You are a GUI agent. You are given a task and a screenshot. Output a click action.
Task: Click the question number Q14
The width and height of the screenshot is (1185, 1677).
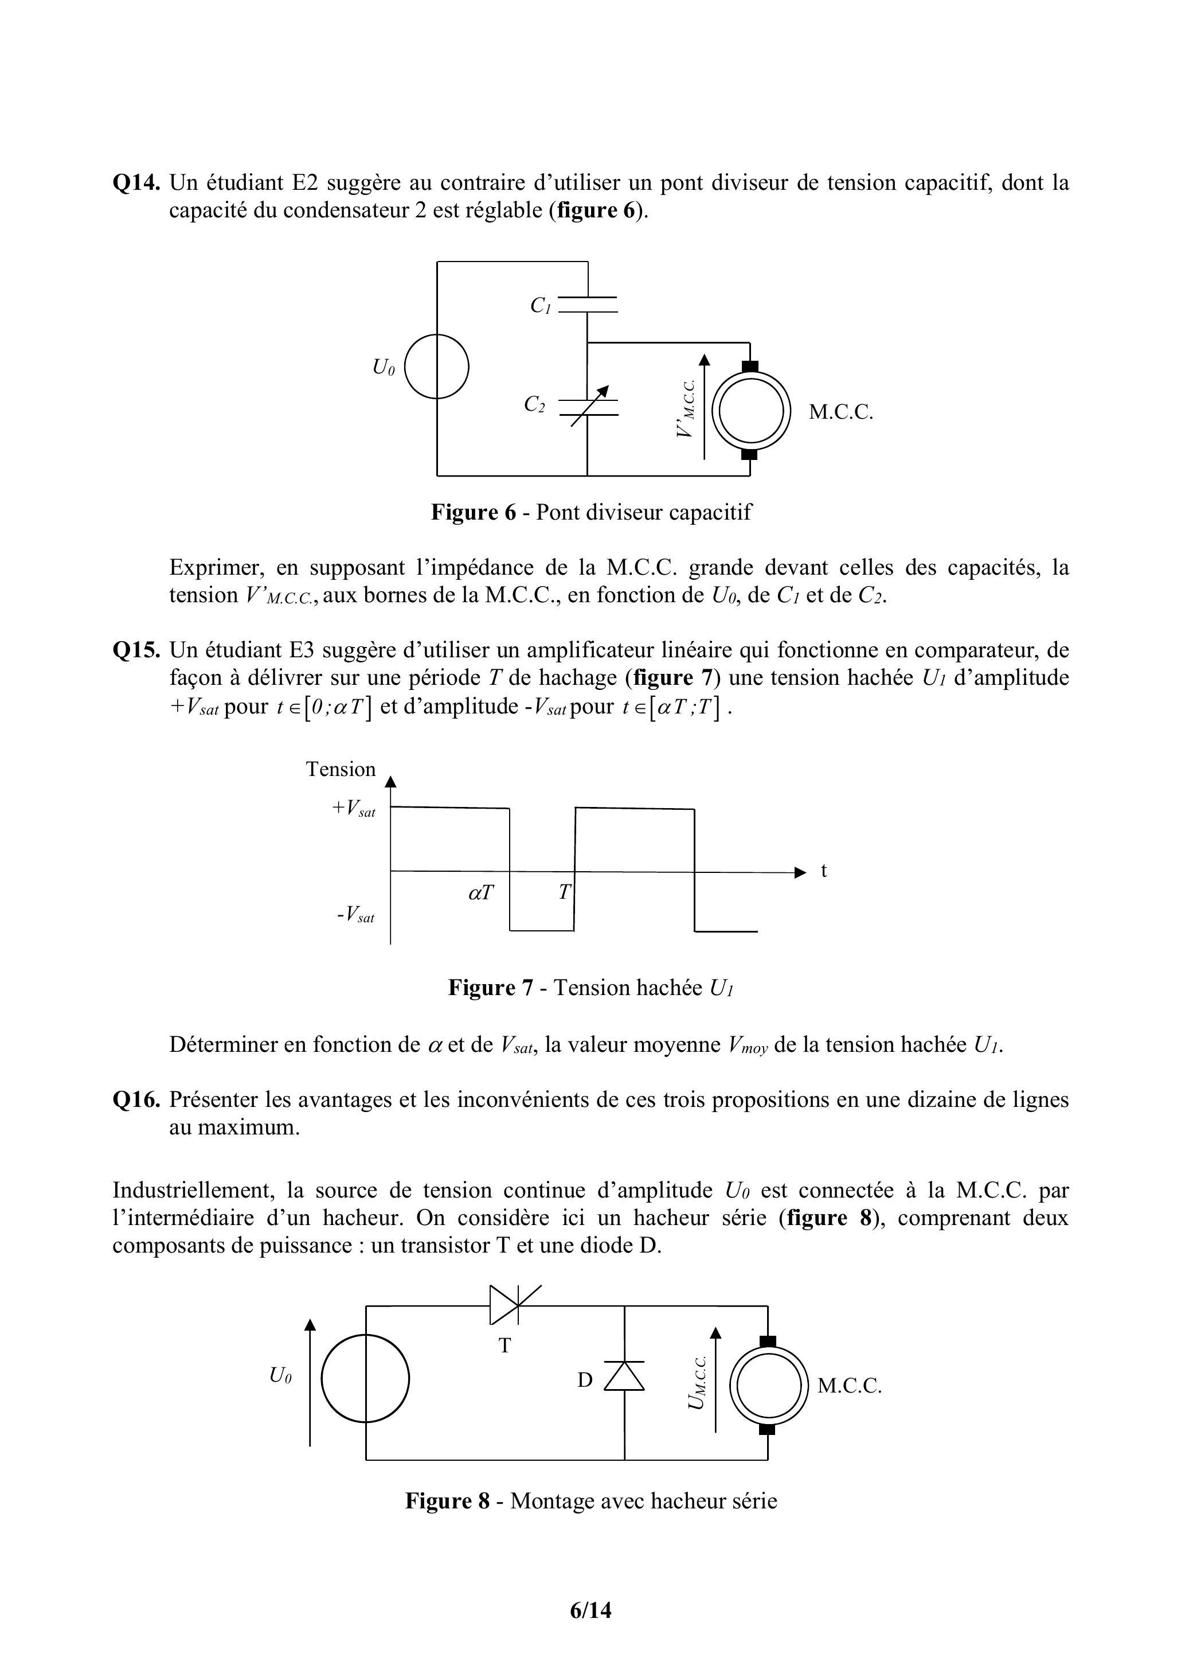tap(136, 182)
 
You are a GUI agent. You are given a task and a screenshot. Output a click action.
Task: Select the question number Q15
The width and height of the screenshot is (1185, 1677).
tap(136, 650)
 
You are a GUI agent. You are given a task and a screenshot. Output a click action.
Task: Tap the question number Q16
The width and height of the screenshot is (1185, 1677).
tap(136, 1099)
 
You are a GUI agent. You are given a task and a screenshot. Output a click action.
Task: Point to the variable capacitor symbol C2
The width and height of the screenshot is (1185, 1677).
tap(588, 408)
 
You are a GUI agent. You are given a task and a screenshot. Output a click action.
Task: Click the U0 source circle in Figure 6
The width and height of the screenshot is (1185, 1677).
tap(437, 366)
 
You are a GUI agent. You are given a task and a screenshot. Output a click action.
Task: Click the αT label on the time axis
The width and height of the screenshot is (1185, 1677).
tap(480, 892)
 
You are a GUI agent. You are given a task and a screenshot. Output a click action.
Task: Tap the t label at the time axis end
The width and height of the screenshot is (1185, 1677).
tap(824, 871)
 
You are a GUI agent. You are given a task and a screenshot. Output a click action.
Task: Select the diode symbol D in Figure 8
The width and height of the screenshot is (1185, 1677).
tap(624, 1376)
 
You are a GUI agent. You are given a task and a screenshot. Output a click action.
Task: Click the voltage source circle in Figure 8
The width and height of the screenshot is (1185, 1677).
tap(365, 1378)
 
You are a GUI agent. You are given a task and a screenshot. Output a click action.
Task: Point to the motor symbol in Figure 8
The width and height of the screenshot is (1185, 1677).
tap(768, 1385)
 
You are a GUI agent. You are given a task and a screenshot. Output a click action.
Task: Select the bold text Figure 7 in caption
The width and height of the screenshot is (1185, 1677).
tap(491, 988)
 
